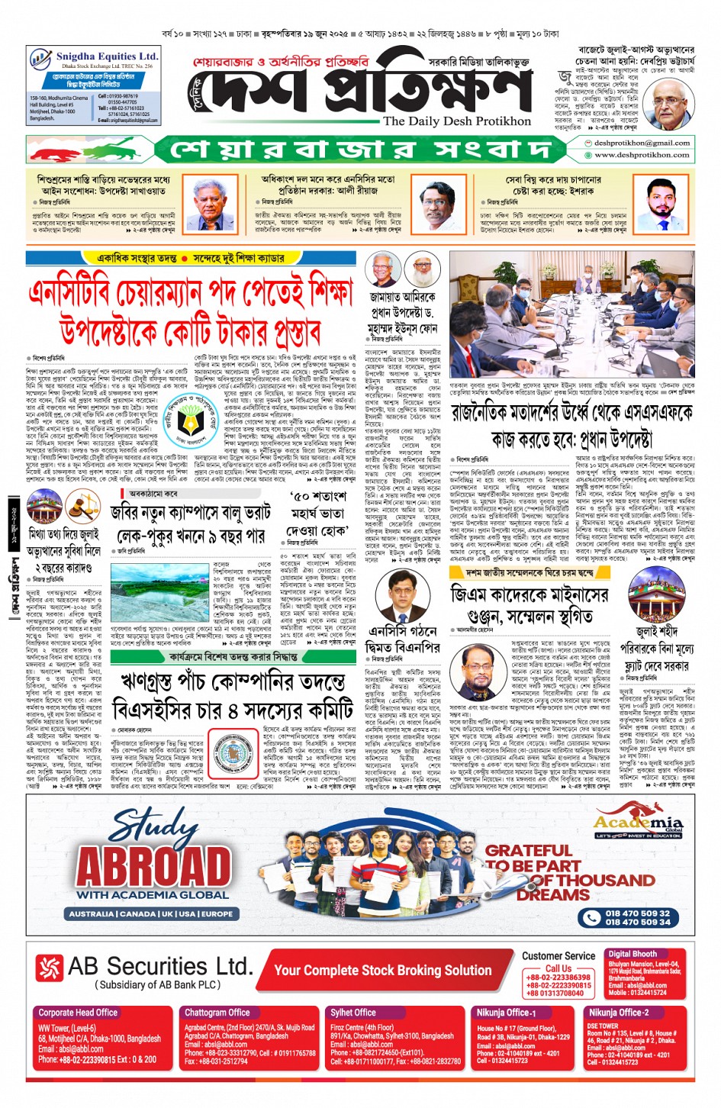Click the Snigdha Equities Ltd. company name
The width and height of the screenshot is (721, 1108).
click(106, 56)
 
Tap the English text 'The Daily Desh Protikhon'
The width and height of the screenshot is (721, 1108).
click(456, 121)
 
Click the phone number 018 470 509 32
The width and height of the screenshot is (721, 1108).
click(637, 913)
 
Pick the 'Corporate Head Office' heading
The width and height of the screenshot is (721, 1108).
click(78, 1013)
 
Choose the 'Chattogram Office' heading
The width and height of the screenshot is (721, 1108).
click(217, 1013)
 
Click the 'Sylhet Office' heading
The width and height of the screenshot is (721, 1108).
click(353, 1013)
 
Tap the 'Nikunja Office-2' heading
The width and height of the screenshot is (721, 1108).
click(618, 1013)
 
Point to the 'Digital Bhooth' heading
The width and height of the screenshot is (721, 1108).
click(632, 954)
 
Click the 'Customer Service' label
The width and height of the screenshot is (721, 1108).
click(558, 955)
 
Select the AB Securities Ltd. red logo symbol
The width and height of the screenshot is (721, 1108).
click(50, 968)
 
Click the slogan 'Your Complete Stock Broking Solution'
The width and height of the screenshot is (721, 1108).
click(382, 970)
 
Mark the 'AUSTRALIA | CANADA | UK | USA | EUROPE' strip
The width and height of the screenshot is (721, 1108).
click(151, 913)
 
